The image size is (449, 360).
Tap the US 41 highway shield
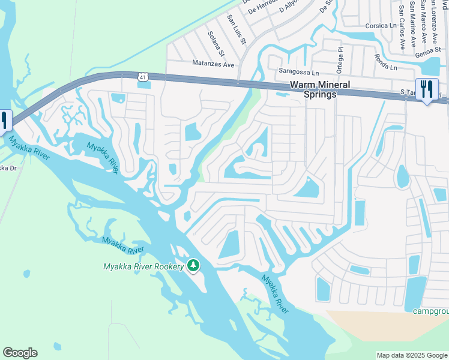click(142, 77)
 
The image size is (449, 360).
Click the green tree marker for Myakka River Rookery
click(193, 265)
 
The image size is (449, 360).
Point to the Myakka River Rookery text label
click(143, 266)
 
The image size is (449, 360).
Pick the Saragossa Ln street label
click(298, 71)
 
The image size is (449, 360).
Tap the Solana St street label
click(215, 44)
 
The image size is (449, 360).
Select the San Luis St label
click(236, 29)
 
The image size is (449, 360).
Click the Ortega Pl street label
click(339, 60)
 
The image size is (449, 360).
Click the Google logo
click(20, 353)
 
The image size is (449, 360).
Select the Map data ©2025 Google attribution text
click(412, 355)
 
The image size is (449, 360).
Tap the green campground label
click(431, 310)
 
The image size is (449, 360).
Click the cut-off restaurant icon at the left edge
click(4, 121)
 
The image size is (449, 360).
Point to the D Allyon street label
click(289, 7)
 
